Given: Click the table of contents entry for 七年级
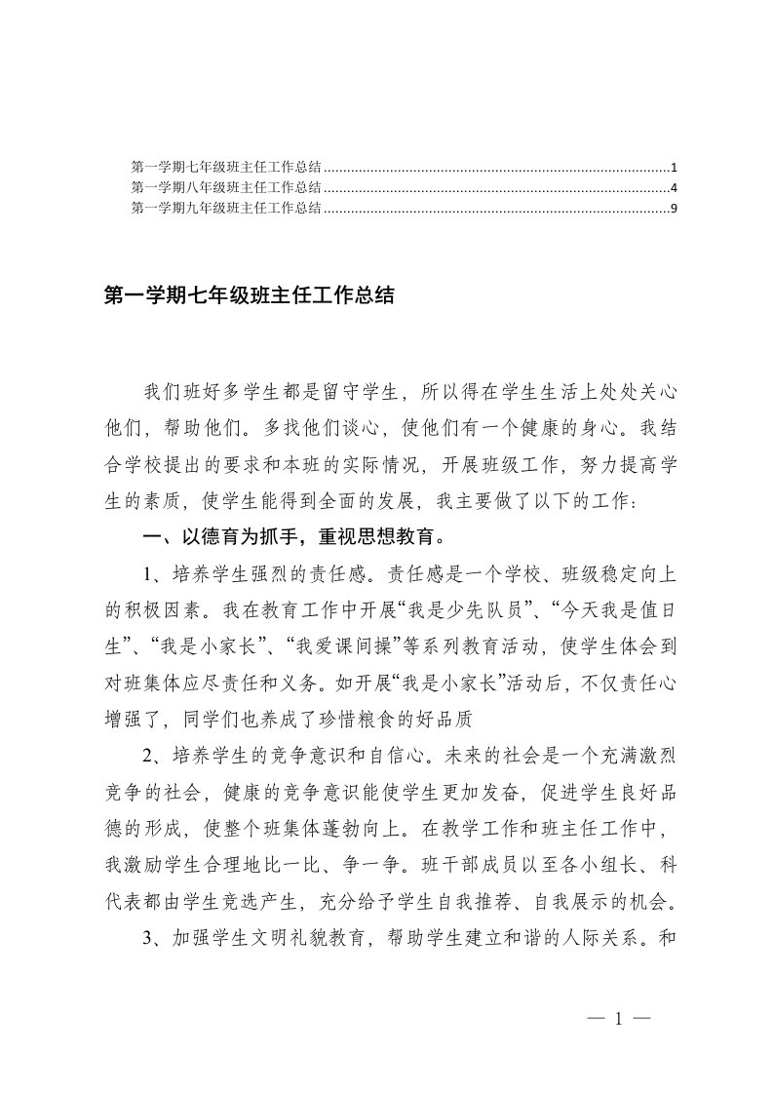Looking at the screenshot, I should [226, 168].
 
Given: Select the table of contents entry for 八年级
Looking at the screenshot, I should [226, 187].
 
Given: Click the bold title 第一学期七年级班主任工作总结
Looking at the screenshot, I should [248, 295].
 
